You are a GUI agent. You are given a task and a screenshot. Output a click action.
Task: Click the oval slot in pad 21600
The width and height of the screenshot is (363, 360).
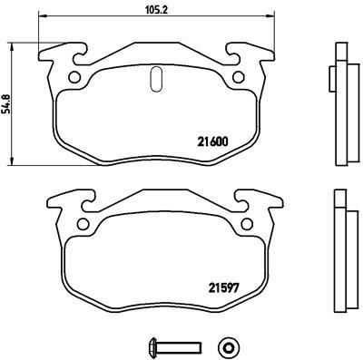point(154,79)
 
